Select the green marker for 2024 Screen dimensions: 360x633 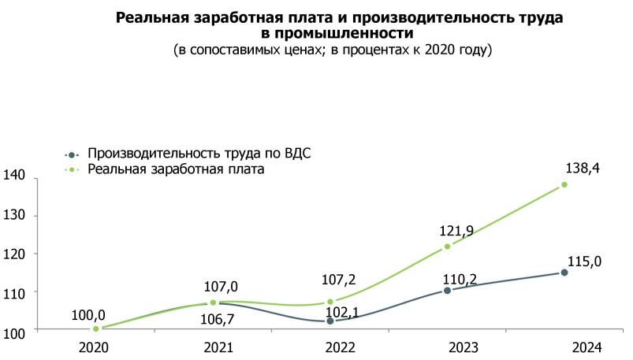[x=564, y=185]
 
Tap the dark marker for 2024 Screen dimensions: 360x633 [x=564, y=273]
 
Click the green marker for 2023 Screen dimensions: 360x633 [x=447, y=247]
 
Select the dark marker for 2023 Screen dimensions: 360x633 [x=447, y=290]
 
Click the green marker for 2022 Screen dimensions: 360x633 [x=330, y=302]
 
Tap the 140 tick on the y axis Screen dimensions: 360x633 [x=16, y=176]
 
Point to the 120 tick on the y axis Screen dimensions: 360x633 [x=16, y=254]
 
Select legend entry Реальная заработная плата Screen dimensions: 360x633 [x=175, y=169]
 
